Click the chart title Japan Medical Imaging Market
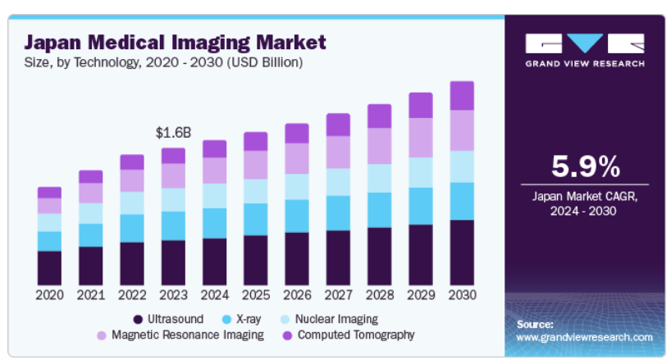[175, 41]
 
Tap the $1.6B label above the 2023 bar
[172, 131]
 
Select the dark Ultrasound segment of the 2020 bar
[49, 267]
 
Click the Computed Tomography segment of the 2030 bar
[462, 95]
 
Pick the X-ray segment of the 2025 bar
[255, 219]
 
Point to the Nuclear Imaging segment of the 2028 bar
[379, 178]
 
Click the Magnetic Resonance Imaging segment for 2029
[420, 137]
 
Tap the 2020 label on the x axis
[49, 294]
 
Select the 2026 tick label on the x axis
[296, 294]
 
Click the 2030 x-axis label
[462, 294]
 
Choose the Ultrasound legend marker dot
[137, 318]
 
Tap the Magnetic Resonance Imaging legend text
[187, 335]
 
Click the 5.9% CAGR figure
[585, 167]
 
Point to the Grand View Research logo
[585, 49]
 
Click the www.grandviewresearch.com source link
[584, 337]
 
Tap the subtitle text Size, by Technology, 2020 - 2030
[164, 62]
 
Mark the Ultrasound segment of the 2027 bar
[338, 257]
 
